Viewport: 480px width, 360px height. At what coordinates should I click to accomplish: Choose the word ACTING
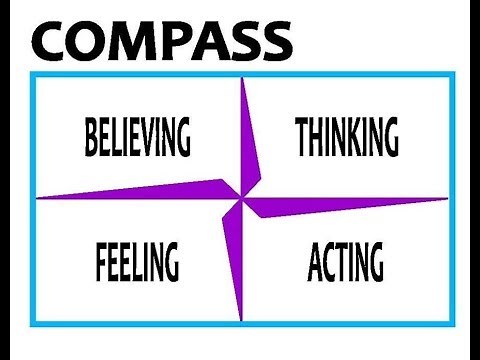[x=345, y=261]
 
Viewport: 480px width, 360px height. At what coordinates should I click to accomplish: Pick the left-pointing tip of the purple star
[x=36, y=196]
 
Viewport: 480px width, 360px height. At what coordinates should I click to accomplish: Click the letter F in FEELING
[x=102, y=261]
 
